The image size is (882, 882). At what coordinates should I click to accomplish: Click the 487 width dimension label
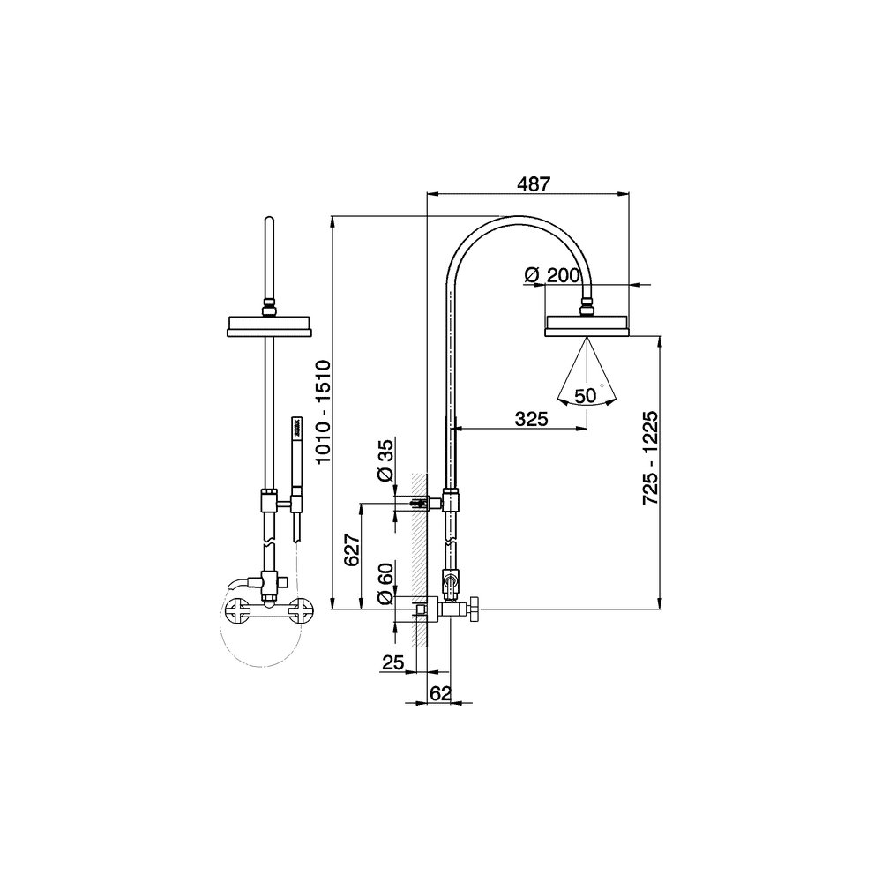click(x=533, y=183)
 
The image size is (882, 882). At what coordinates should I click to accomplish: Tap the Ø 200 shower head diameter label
click(x=552, y=275)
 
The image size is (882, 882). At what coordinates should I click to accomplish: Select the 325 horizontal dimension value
click(x=531, y=418)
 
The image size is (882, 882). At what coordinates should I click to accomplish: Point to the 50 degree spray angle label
click(x=586, y=396)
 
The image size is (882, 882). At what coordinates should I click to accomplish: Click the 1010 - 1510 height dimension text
click(x=323, y=412)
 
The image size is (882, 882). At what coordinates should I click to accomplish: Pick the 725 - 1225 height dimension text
click(x=650, y=458)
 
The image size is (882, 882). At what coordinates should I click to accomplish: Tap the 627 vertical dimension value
click(x=352, y=549)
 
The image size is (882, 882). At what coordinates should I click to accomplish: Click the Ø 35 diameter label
click(x=386, y=460)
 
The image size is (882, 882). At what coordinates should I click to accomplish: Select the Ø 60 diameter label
click(x=386, y=584)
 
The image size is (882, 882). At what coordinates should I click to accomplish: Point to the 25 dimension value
click(x=392, y=662)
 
